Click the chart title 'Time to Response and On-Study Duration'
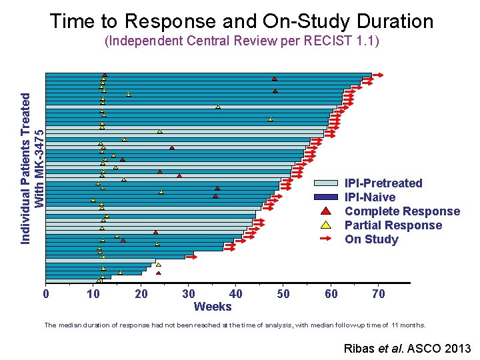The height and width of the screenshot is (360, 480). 241,21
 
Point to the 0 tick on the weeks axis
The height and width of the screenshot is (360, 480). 45,294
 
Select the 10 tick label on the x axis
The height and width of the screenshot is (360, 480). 93,294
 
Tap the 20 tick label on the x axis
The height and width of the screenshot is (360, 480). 141,294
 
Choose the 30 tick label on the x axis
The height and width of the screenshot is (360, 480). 189,294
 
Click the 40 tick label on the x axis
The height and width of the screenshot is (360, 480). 235,294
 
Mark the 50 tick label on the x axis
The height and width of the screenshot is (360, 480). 283,294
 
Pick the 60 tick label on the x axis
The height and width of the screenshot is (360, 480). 331,294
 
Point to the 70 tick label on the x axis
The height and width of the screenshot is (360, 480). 378,294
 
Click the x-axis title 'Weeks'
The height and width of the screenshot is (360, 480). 212,307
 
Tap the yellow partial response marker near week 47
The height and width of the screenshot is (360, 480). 270,119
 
